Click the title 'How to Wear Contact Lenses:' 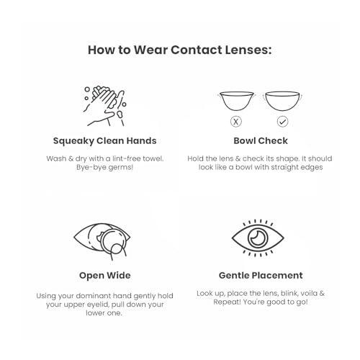179,50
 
